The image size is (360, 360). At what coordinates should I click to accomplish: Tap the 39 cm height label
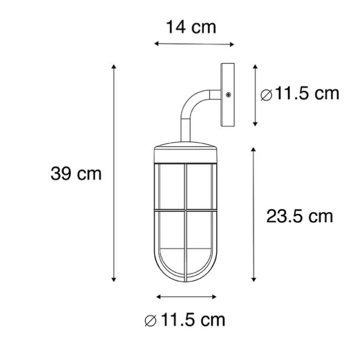76,173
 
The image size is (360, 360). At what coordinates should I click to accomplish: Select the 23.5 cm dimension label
299,215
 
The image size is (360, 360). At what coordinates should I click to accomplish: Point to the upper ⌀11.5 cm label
300,94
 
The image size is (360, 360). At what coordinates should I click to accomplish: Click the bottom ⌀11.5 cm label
185,319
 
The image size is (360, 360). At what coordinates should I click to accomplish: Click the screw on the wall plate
228,94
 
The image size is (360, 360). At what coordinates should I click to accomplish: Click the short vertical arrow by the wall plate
255,95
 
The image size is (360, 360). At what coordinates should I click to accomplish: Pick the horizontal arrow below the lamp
187,297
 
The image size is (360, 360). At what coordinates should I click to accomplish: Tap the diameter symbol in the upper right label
266,95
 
